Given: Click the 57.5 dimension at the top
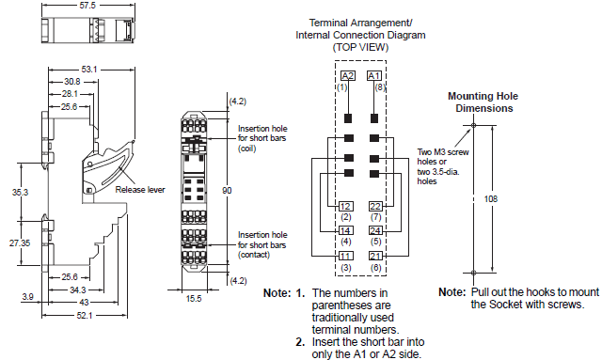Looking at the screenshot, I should coord(87,6).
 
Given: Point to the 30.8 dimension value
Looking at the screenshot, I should coord(73,82).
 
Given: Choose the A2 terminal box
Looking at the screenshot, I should coord(347,75).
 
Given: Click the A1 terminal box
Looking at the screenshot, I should coord(373,75).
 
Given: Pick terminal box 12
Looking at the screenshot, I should coord(346,206).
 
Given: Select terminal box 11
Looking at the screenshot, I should coord(346,255).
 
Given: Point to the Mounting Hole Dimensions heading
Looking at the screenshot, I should coord(480,102).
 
